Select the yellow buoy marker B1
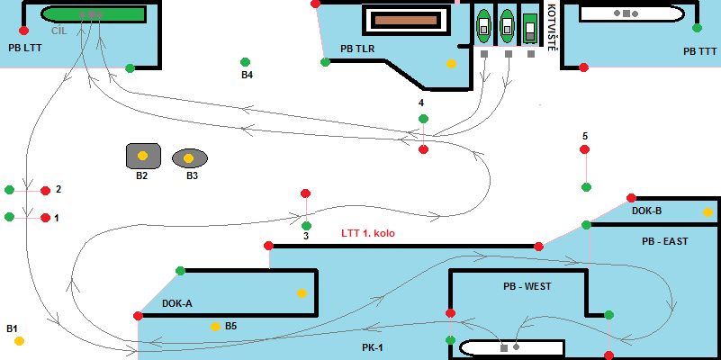click(19, 341)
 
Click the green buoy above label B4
click(245, 62)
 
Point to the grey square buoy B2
click(142, 156)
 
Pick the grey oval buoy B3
click(189, 158)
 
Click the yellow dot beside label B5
click(215, 326)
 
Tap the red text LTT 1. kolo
click(367, 233)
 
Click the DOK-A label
click(177, 303)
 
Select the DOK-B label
click(646, 211)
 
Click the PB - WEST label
click(527, 286)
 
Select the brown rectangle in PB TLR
click(404, 20)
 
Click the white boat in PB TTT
click(631, 13)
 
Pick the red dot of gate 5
click(586, 149)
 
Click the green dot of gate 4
click(423, 119)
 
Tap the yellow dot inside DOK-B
click(707, 213)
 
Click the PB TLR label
click(357, 49)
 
